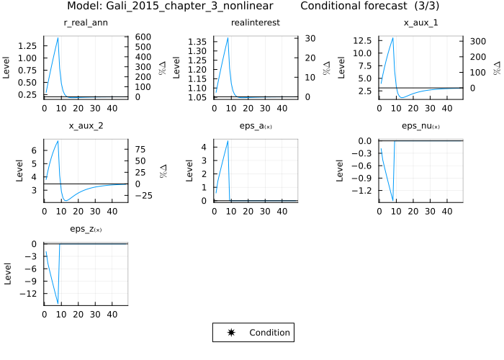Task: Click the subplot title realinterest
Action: [255, 23]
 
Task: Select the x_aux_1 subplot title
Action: [420, 23]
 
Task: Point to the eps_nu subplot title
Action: [420, 127]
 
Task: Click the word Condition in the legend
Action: [269, 333]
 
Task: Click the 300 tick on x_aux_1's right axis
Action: [475, 41]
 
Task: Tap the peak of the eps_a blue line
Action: [228, 141]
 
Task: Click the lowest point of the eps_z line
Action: [58, 304]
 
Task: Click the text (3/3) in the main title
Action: [414, 6]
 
